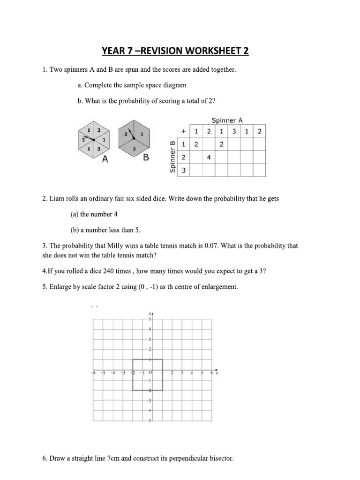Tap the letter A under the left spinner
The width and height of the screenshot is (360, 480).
pos(105,159)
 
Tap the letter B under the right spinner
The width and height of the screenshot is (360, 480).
pos(146,158)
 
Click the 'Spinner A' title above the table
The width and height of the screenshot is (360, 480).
pos(227,120)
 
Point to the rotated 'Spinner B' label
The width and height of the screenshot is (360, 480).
pos(172,156)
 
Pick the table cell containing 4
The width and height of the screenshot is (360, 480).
pos(209,158)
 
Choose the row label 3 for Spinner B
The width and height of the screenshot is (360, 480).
pos(183,171)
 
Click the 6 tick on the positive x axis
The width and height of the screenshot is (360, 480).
pos(212,373)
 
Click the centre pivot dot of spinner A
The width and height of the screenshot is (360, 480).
pos(94,140)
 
